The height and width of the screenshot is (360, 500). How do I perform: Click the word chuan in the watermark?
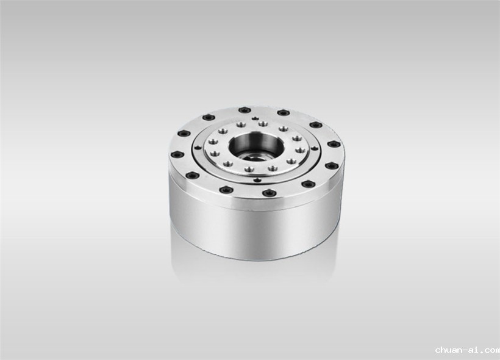tap(449, 350)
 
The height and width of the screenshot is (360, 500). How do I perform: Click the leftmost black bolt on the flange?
tap(177, 155)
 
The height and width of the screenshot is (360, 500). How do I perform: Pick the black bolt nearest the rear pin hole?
tap(245, 110)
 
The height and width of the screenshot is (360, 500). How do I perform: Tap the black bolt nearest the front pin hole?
tap(268, 193)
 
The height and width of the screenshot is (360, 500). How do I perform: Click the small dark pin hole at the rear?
tap(254, 119)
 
